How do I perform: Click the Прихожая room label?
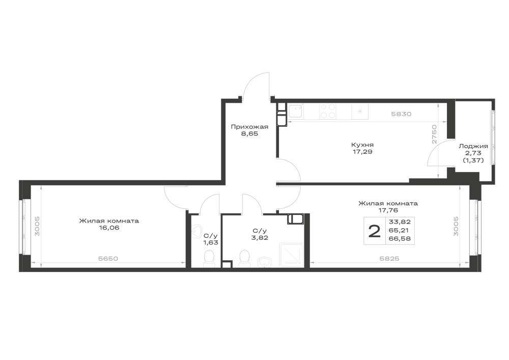tap(249, 127)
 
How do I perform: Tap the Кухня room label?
tap(362, 145)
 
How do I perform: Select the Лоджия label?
tap(473, 147)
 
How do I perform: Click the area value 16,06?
tap(109, 228)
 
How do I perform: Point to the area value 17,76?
tap(388, 210)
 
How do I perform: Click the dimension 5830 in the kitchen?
tap(401, 114)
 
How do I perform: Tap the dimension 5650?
tap(108, 259)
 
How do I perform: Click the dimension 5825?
tap(389, 259)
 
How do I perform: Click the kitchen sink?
tap(295, 112)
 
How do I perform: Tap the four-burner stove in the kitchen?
tap(327, 112)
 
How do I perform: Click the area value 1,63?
tap(210, 242)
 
